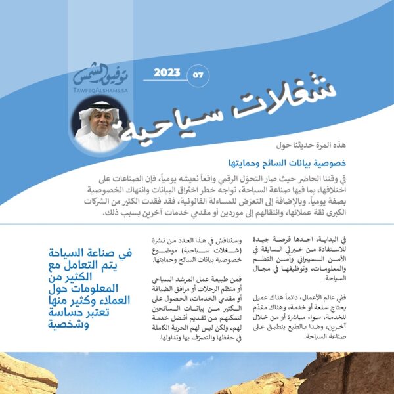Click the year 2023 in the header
[167, 72]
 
